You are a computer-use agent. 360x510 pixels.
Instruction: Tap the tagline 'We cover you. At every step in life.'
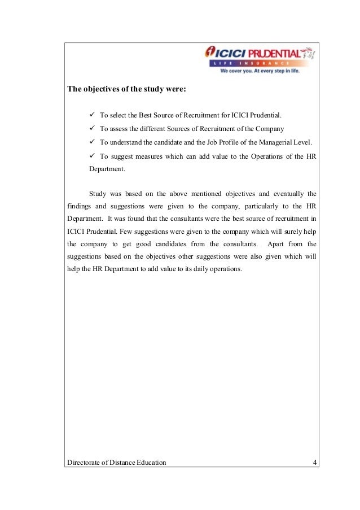point(260,72)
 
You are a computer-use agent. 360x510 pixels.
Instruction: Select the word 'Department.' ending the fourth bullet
point(107,169)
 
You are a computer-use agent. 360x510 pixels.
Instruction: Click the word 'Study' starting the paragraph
point(98,194)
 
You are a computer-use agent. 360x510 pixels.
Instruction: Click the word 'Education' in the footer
point(150,463)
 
